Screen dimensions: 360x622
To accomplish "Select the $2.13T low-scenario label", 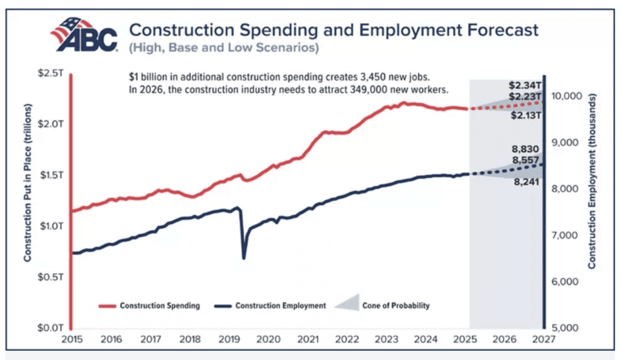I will (x=525, y=116).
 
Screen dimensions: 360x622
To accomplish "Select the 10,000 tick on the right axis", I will (x=566, y=96).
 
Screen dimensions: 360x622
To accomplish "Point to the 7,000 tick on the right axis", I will (x=566, y=236).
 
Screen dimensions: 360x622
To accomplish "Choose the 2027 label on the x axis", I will (x=543, y=339).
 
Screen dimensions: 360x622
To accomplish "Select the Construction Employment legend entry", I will (x=270, y=305).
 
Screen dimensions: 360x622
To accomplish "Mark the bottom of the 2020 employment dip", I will (x=244, y=259).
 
